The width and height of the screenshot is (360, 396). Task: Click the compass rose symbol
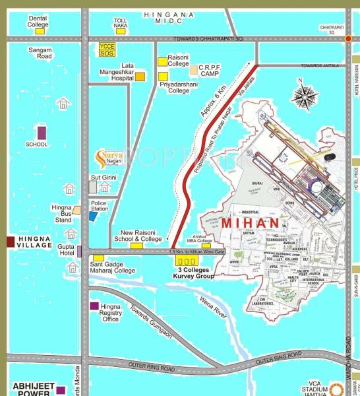point(304,96)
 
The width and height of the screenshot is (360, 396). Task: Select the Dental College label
point(38,21)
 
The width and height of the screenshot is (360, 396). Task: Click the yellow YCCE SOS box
point(107,49)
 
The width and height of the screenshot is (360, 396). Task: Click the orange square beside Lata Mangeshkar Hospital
point(140,77)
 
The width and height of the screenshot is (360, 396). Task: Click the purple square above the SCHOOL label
point(42,132)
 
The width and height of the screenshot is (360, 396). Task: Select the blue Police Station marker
point(93,216)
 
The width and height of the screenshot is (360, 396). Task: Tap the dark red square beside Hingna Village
point(10,242)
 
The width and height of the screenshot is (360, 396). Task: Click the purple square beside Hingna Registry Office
point(94,306)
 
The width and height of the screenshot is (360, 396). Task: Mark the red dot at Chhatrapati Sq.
point(348,39)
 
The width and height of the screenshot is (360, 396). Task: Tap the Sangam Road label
point(40,53)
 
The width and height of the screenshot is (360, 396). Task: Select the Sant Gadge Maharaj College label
point(112,267)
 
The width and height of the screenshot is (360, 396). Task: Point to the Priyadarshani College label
point(178,87)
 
